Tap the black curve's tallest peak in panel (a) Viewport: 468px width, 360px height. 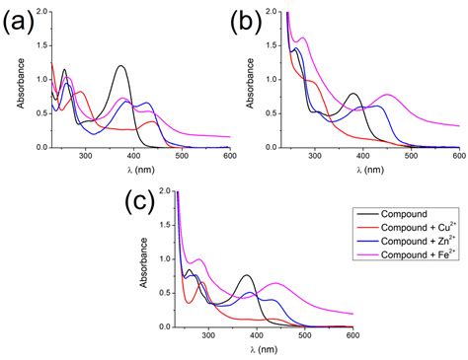pyautogui.click(x=120, y=66)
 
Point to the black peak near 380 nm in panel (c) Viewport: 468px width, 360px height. pyautogui.click(x=247, y=275)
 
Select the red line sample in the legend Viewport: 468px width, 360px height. pyautogui.click(x=364, y=228)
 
